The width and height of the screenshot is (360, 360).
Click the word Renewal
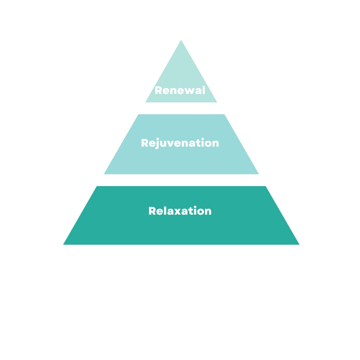point(180,90)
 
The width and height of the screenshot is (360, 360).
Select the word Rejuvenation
point(180,143)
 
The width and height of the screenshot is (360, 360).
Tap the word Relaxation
point(180,211)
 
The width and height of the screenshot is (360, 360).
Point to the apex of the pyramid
point(181,41)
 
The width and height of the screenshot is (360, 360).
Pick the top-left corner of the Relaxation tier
point(97,187)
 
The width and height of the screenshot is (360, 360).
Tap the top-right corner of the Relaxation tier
point(265,187)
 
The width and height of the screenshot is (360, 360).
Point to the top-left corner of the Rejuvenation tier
point(139,115)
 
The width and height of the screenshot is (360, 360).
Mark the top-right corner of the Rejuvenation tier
point(224,115)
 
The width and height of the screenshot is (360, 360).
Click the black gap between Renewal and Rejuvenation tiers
point(181,108)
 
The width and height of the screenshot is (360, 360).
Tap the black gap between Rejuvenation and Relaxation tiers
point(181,180)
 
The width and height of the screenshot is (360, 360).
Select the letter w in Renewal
point(189,91)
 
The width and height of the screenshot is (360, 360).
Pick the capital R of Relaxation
point(152,211)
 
